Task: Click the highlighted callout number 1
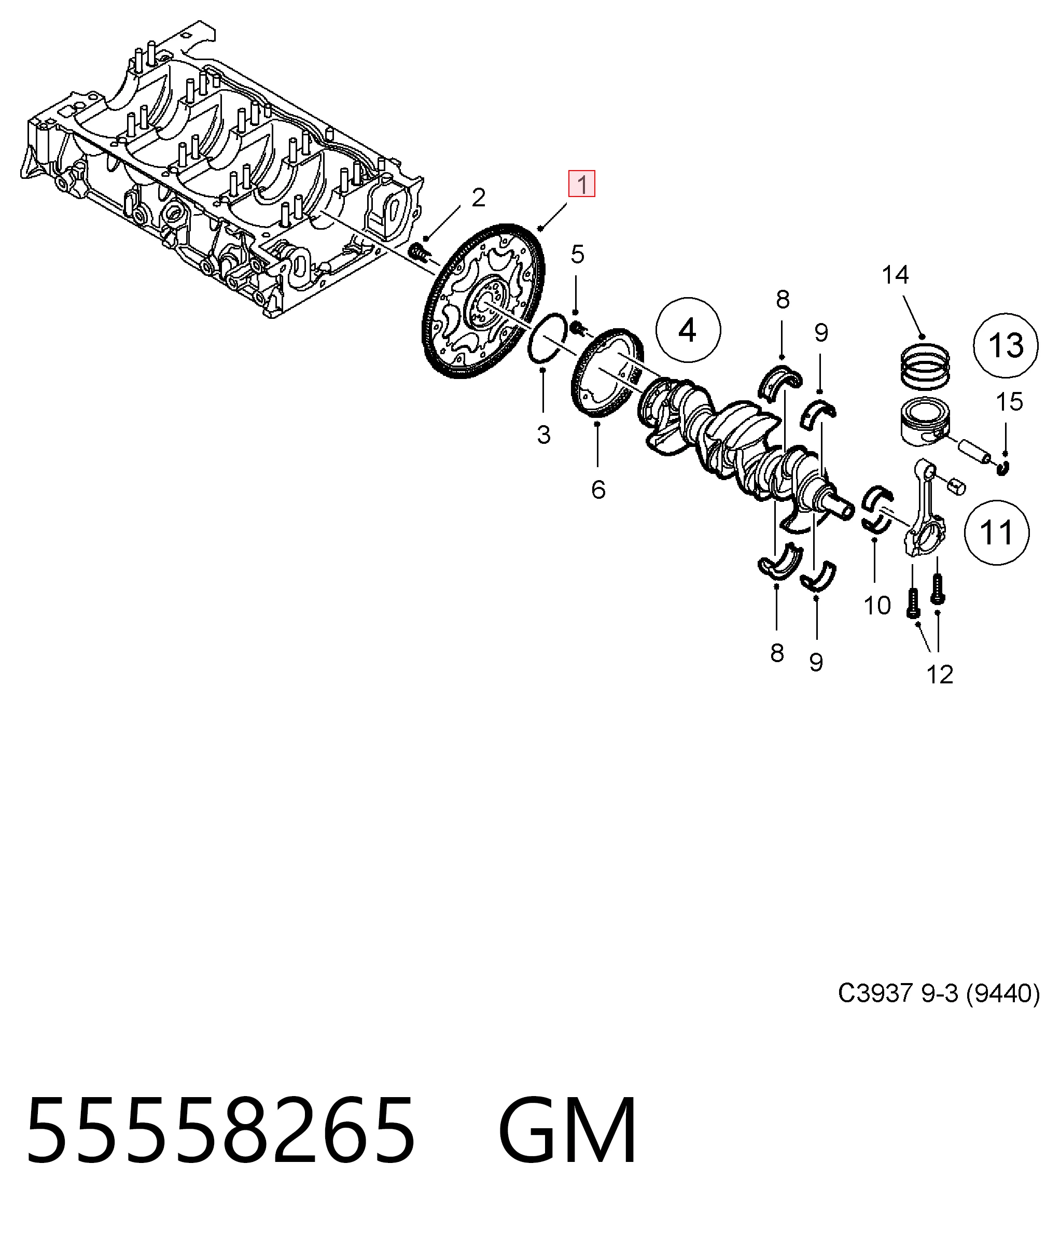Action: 581,184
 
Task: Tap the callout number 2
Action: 479,198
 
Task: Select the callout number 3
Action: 543,435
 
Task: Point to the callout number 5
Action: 577,254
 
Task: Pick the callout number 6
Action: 598,489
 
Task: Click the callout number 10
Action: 877,606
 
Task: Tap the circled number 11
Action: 996,532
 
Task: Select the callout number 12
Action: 940,675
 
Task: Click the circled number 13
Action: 1006,345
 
